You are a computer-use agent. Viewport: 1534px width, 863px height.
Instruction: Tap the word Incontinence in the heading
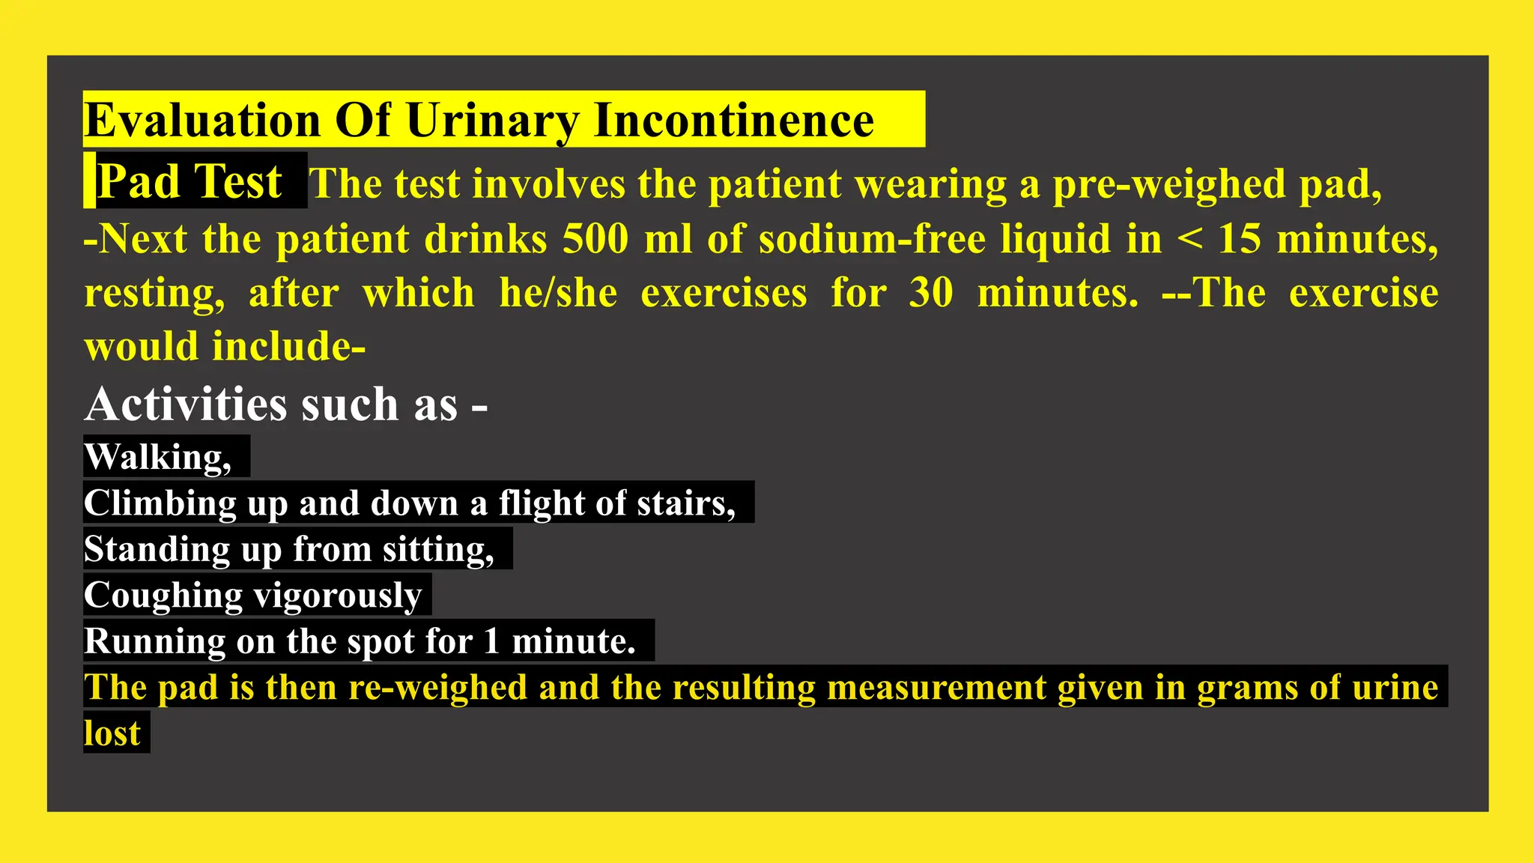click(x=733, y=120)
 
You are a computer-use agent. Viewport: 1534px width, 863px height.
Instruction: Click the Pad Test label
click(x=190, y=181)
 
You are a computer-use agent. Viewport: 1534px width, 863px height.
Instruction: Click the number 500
click(x=595, y=239)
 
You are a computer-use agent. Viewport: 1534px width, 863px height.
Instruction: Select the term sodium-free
click(x=872, y=239)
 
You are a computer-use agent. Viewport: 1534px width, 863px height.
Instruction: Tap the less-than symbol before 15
click(x=1189, y=239)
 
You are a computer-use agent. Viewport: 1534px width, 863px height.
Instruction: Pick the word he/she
click(x=558, y=293)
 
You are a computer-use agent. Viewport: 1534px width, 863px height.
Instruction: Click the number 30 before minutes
click(x=931, y=293)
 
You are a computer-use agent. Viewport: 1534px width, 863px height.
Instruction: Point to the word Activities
click(x=187, y=405)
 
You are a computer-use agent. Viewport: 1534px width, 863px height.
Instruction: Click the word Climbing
click(x=160, y=503)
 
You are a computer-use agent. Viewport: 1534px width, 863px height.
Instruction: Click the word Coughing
click(x=163, y=596)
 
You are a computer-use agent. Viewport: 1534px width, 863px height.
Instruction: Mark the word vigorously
click(x=338, y=596)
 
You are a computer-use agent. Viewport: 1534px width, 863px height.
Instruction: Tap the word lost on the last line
click(x=112, y=733)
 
